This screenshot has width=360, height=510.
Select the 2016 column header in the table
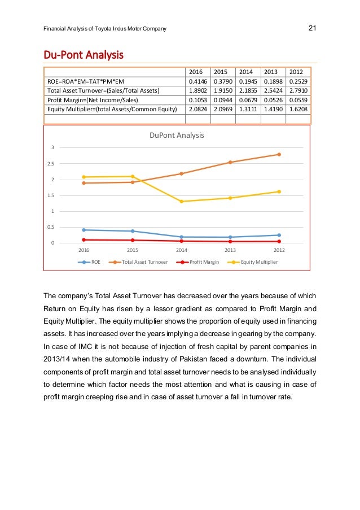pos(195,72)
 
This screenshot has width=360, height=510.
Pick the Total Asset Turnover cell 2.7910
pos(298,90)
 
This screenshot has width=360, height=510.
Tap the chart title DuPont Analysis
pos(176,136)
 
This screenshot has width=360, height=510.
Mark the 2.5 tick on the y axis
pos(51,164)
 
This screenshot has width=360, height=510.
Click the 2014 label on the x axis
pos(182,250)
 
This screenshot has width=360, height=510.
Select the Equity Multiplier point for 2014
pos(182,202)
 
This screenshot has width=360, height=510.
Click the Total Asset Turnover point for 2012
pos(279,154)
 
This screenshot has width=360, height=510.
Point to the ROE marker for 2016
pos(84,230)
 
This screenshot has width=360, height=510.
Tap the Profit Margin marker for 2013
pos(230,242)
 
